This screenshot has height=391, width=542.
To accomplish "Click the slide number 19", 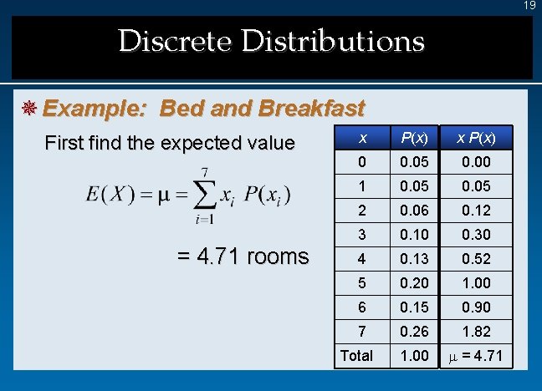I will point(529,6).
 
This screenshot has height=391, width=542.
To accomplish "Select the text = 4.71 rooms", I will point(243,256).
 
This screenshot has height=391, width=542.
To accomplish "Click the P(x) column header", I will point(413,138).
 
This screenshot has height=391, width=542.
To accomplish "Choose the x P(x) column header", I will point(473,138).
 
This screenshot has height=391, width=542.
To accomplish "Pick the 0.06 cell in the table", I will point(413,211).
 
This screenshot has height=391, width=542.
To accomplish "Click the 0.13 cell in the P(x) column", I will point(413,259).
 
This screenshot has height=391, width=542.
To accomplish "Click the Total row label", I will point(356,356).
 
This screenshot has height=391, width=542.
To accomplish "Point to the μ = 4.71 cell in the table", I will point(474,356).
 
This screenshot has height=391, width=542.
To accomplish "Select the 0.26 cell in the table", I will point(413,332).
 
